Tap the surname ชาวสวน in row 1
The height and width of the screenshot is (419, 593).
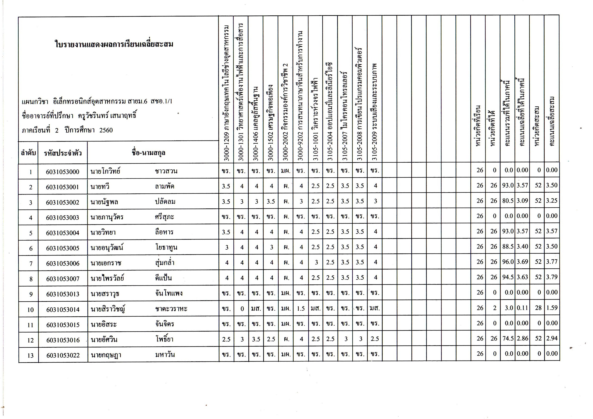[166, 171]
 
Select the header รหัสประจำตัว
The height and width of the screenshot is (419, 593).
[63, 153]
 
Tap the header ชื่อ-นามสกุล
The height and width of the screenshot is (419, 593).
[149, 153]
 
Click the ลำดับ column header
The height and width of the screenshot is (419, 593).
[28, 153]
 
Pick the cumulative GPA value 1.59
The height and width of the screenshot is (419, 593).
[551, 308]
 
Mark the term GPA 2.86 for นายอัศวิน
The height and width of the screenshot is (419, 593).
[522, 338]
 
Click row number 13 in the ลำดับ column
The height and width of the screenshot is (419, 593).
[30, 355]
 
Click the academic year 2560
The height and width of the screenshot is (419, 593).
[106, 130]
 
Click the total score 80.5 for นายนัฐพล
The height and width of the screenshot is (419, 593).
[507, 201]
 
